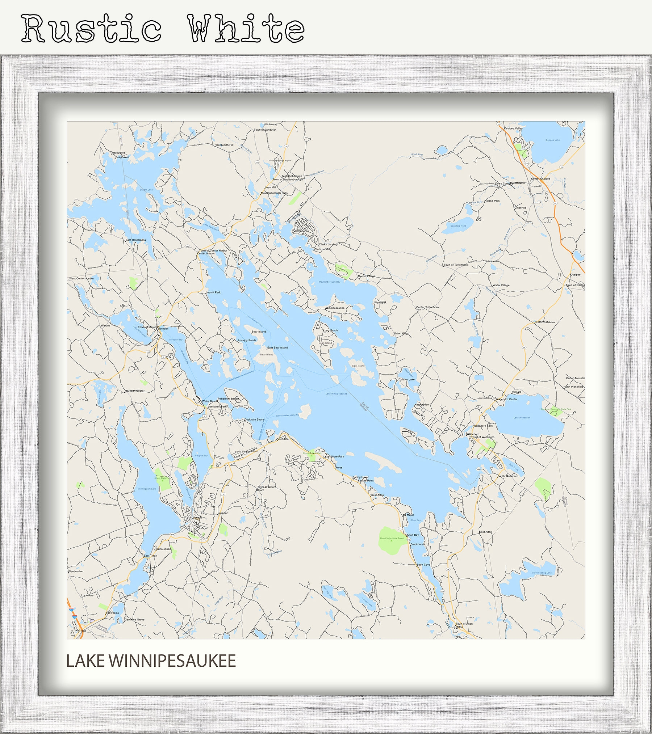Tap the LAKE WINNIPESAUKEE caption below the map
click(x=151, y=661)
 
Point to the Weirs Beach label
click(x=210, y=401)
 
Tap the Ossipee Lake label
click(x=552, y=140)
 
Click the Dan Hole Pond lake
click(x=458, y=225)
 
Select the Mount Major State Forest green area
click(x=392, y=538)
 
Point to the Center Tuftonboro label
click(x=427, y=307)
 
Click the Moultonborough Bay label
click(x=329, y=282)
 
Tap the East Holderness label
click(x=136, y=240)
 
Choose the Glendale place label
click(x=283, y=439)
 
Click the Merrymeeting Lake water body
click(x=541, y=573)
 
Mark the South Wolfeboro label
click(x=508, y=476)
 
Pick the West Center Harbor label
click(x=81, y=278)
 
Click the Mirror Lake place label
click(x=407, y=379)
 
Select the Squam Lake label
click(x=146, y=190)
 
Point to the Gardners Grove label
click(x=134, y=620)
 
